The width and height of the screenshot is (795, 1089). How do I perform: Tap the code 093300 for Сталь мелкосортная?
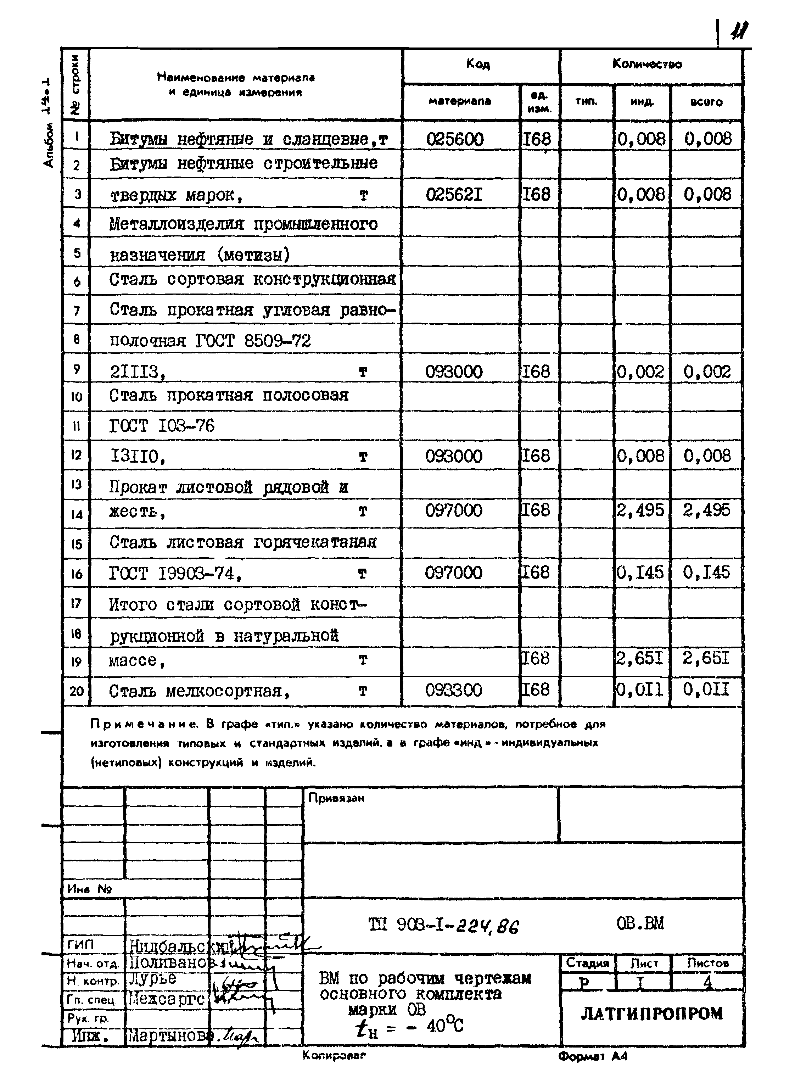tap(453, 690)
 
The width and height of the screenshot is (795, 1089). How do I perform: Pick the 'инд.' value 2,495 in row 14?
tap(640, 510)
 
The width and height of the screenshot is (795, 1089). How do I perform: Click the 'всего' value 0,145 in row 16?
tap(706, 572)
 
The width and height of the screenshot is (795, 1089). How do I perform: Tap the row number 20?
tap(77, 691)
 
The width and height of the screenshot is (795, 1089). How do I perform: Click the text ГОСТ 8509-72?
tap(253, 341)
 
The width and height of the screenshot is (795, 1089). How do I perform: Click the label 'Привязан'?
tap(336, 798)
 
